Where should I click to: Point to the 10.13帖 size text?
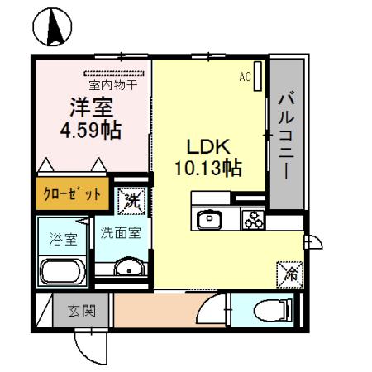pos(207,169)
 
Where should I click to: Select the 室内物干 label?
pos(112,85)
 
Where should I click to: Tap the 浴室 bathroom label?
pos(61,241)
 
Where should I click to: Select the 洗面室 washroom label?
pos(120,232)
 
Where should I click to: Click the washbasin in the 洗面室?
pos(127,268)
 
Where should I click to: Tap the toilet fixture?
pos(273,312)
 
